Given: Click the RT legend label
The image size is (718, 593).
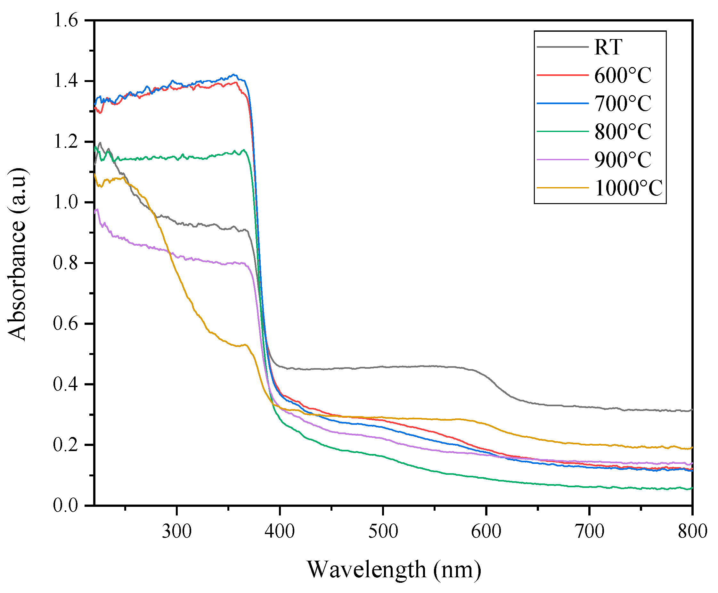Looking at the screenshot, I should pyautogui.click(x=608, y=47).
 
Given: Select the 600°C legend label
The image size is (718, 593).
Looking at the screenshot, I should pyautogui.click(x=622, y=75).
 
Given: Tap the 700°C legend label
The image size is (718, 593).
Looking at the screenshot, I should pyautogui.click(x=622, y=103).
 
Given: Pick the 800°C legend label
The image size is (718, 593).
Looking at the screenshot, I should pyautogui.click(x=622, y=132).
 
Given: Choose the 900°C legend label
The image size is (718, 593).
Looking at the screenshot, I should pyautogui.click(x=622, y=160).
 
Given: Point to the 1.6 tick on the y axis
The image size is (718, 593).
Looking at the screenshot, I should pyautogui.click(x=66, y=21).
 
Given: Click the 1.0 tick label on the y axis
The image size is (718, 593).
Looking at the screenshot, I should pyautogui.click(x=66, y=202).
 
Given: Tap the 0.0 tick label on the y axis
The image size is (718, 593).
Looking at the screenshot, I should pyautogui.click(x=66, y=505).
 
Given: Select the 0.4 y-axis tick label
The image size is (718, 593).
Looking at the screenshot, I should pyautogui.click(x=66, y=384).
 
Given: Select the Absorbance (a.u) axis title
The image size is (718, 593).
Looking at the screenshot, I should pyautogui.click(x=17, y=254).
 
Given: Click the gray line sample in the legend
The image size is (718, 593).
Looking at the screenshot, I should pyautogui.click(x=562, y=47).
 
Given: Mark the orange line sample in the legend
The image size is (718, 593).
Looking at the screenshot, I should pyautogui.click(x=562, y=187).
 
